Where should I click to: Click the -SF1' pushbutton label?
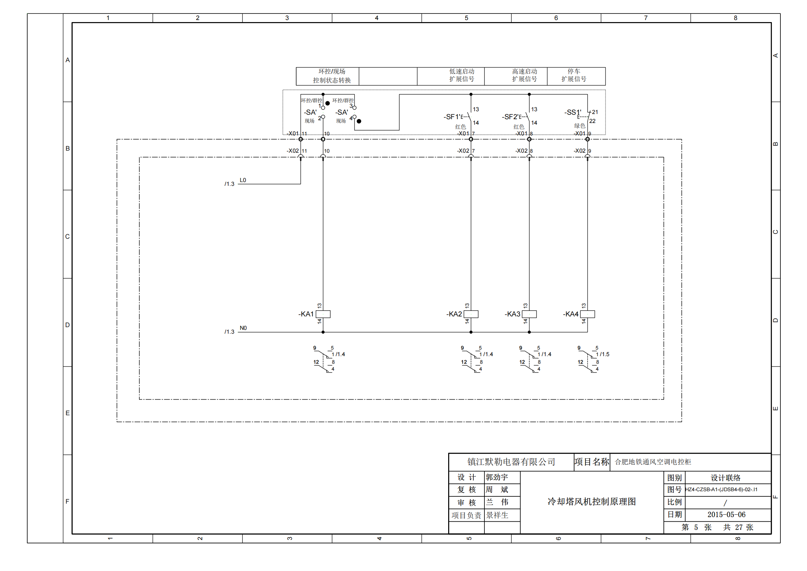pos(453,116)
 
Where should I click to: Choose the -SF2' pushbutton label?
pos(511,116)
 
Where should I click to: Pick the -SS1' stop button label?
pos(573,112)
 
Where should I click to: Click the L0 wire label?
pos(243,180)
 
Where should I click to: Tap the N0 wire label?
pos(243,328)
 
